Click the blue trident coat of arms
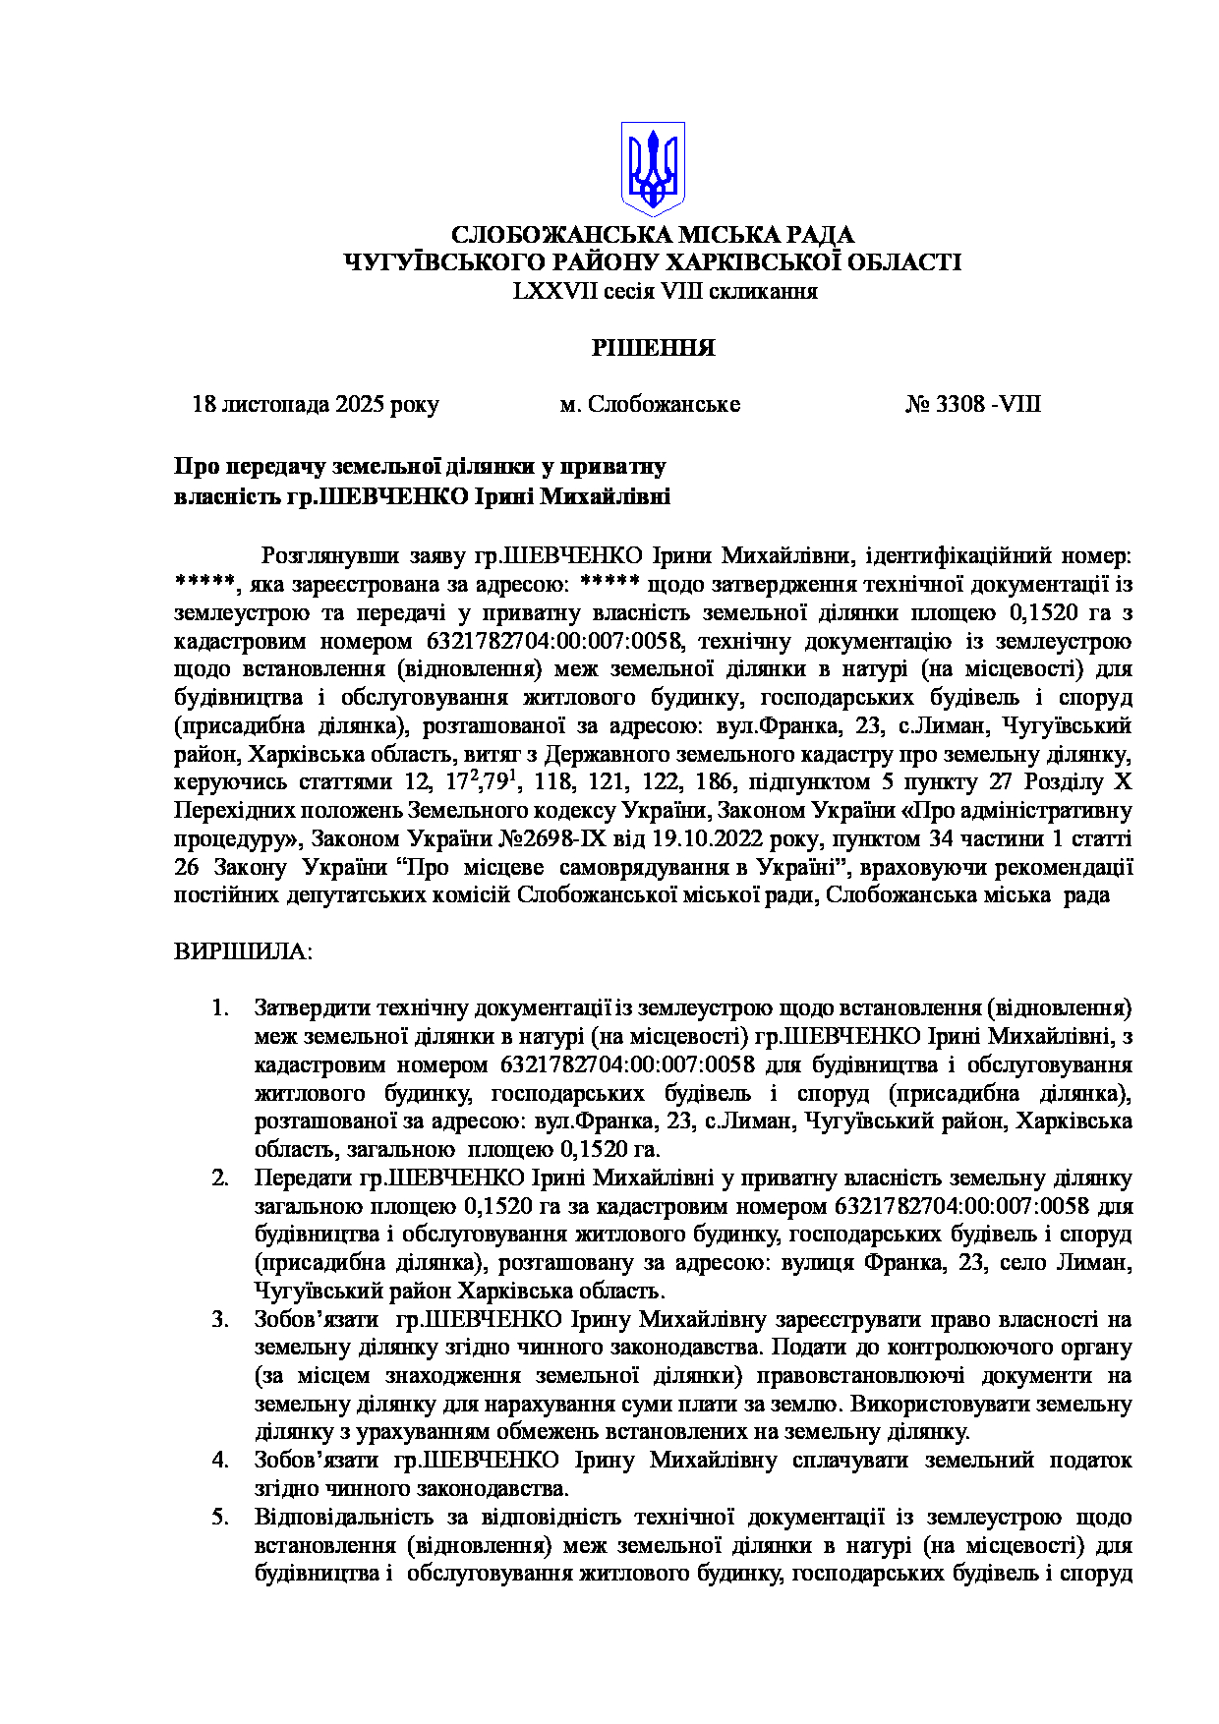[x=653, y=168]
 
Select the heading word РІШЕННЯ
[x=652, y=348]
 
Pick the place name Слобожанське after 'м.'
[x=664, y=405]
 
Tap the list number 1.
[x=220, y=1008]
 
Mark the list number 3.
[x=220, y=1319]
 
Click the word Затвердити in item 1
[x=312, y=1008]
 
